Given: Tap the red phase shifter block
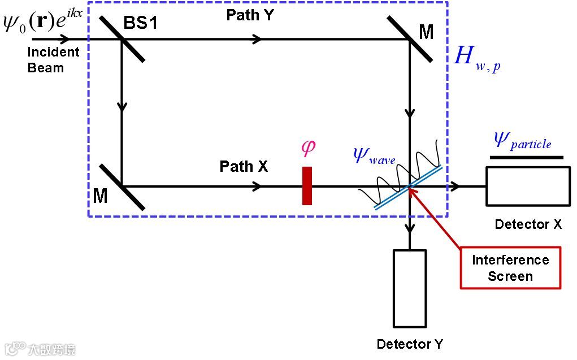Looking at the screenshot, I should point(307,185).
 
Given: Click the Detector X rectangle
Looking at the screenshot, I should point(528,186).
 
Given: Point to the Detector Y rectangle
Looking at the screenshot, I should point(410,288).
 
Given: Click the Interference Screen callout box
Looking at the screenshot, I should point(510,268).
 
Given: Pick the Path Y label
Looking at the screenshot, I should point(250,15).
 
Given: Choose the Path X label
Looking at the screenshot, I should point(244,166).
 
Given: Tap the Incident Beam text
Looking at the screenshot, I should point(54,60).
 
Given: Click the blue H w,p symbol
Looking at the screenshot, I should point(476,59).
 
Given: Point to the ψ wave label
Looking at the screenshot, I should point(374,154).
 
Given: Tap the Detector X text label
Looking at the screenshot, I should point(528,224).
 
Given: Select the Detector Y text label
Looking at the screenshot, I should point(410,344).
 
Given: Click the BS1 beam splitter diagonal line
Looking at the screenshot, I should point(122,38).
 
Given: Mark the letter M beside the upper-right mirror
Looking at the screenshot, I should point(426,32).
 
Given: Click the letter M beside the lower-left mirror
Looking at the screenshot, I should point(101,196).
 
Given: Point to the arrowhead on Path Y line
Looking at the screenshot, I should point(257,39).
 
